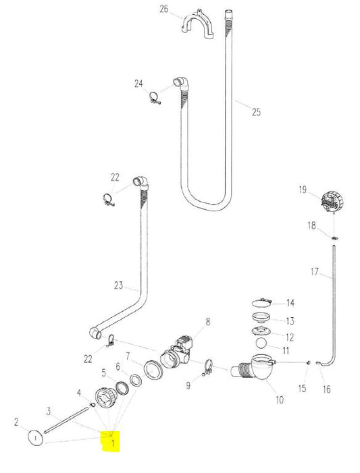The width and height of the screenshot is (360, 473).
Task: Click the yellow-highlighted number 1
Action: pyautogui.click(x=113, y=443)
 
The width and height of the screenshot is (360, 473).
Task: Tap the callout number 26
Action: pyautogui.click(x=163, y=9)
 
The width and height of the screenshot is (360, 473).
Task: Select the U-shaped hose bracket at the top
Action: pyautogui.click(x=198, y=25)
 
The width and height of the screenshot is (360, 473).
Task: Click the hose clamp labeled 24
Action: pyautogui.click(x=155, y=98)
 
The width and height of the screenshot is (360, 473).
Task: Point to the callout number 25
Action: pyautogui.click(x=256, y=112)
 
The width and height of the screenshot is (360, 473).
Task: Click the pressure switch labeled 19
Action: pyautogui.click(x=332, y=201)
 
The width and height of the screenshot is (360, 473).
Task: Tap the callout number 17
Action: pyautogui.click(x=314, y=272)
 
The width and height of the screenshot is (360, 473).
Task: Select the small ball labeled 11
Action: pyautogui.click(x=261, y=343)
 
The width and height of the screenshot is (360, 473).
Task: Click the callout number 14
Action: pyautogui.click(x=290, y=303)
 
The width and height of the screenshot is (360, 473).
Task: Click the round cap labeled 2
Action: pyautogui.click(x=36, y=438)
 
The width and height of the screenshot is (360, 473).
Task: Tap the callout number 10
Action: pyautogui.click(x=280, y=399)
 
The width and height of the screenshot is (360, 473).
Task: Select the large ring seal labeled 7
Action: pyautogui.click(x=153, y=370)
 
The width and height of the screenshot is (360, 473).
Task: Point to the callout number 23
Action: pyautogui.click(x=119, y=285)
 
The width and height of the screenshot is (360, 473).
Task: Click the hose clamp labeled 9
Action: pyautogui.click(x=208, y=368)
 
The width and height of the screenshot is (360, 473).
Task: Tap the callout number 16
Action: pyautogui.click(x=326, y=389)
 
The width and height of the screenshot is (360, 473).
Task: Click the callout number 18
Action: pyautogui.click(x=311, y=225)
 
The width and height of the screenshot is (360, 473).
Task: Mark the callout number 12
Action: pyautogui.click(x=290, y=337)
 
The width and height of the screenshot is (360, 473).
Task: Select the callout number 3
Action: pyautogui.click(x=49, y=412)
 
